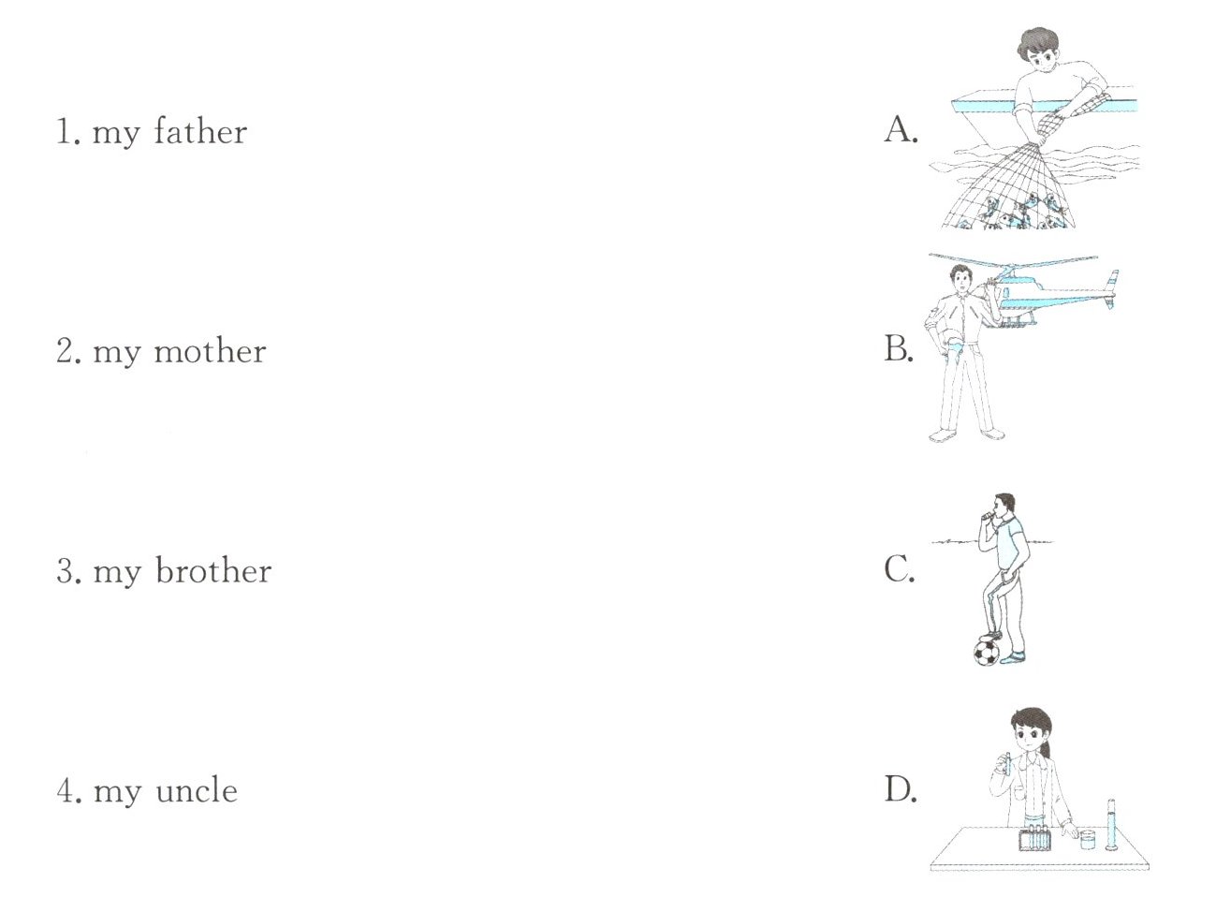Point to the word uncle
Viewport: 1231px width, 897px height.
tap(197, 790)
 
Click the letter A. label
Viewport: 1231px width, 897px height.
tap(901, 130)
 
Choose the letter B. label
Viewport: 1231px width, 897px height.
tap(899, 348)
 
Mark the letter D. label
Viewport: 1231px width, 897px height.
tap(901, 789)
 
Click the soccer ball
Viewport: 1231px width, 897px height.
tap(987, 653)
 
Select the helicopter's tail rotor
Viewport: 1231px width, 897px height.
tap(1113, 289)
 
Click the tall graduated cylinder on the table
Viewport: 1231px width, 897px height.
tap(1110, 825)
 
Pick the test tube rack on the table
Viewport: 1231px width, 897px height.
tap(1034, 838)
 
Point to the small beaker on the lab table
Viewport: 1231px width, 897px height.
tap(1087, 840)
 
